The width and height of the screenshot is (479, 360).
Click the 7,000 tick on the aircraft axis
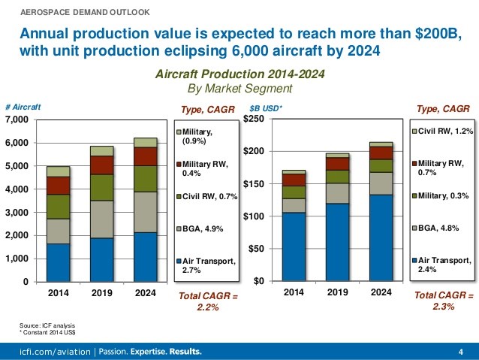pyautogui.click(x=17, y=120)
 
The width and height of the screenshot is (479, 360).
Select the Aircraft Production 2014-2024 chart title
pyautogui.click(x=239, y=75)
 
